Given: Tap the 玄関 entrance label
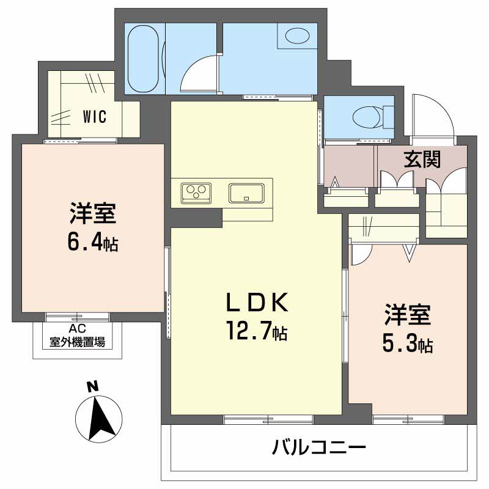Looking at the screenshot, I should pyautogui.click(x=422, y=160).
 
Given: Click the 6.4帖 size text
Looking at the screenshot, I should pyautogui.click(x=93, y=243).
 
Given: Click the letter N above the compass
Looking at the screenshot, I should pyautogui.click(x=92, y=386).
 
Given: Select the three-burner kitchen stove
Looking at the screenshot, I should pyautogui.click(x=196, y=193).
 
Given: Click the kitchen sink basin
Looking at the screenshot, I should pyautogui.click(x=246, y=193).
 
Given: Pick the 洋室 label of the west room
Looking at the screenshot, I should pyautogui.click(x=93, y=215).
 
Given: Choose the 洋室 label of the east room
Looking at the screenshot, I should pyautogui.click(x=408, y=316).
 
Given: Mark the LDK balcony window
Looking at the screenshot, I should pyautogui.click(x=268, y=419).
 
